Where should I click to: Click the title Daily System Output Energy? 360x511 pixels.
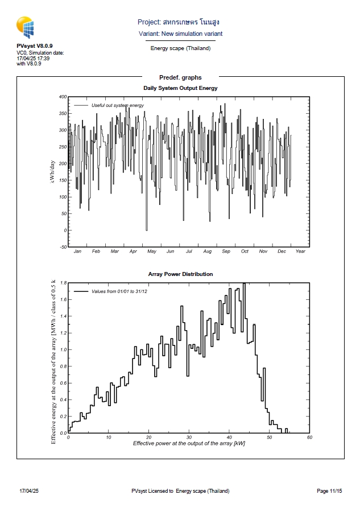click(x=180, y=88)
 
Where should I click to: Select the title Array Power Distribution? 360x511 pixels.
click(x=180, y=274)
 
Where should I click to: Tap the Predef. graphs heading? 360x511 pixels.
click(x=180, y=77)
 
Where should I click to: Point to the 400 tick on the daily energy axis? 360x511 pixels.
click(x=63, y=97)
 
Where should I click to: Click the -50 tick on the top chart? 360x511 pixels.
click(x=63, y=247)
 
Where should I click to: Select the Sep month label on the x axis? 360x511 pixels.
click(x=226, y=252)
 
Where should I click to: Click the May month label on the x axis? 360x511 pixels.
click(x=151, y=252)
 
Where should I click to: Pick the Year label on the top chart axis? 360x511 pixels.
click(x=300, y=252)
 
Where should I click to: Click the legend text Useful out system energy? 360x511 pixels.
click(x=117, y=105)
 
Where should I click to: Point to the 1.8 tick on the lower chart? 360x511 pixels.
click(x=63, y=283)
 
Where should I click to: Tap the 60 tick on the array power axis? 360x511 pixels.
click(x=309, y=437)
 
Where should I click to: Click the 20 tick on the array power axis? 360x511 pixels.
click(x=148, y=437)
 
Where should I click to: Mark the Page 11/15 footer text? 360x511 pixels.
click(x=329, y=491)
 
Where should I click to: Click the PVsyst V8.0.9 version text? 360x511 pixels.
click(x=35, y=46)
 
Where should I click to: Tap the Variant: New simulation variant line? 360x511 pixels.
click(x=180, y=34)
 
